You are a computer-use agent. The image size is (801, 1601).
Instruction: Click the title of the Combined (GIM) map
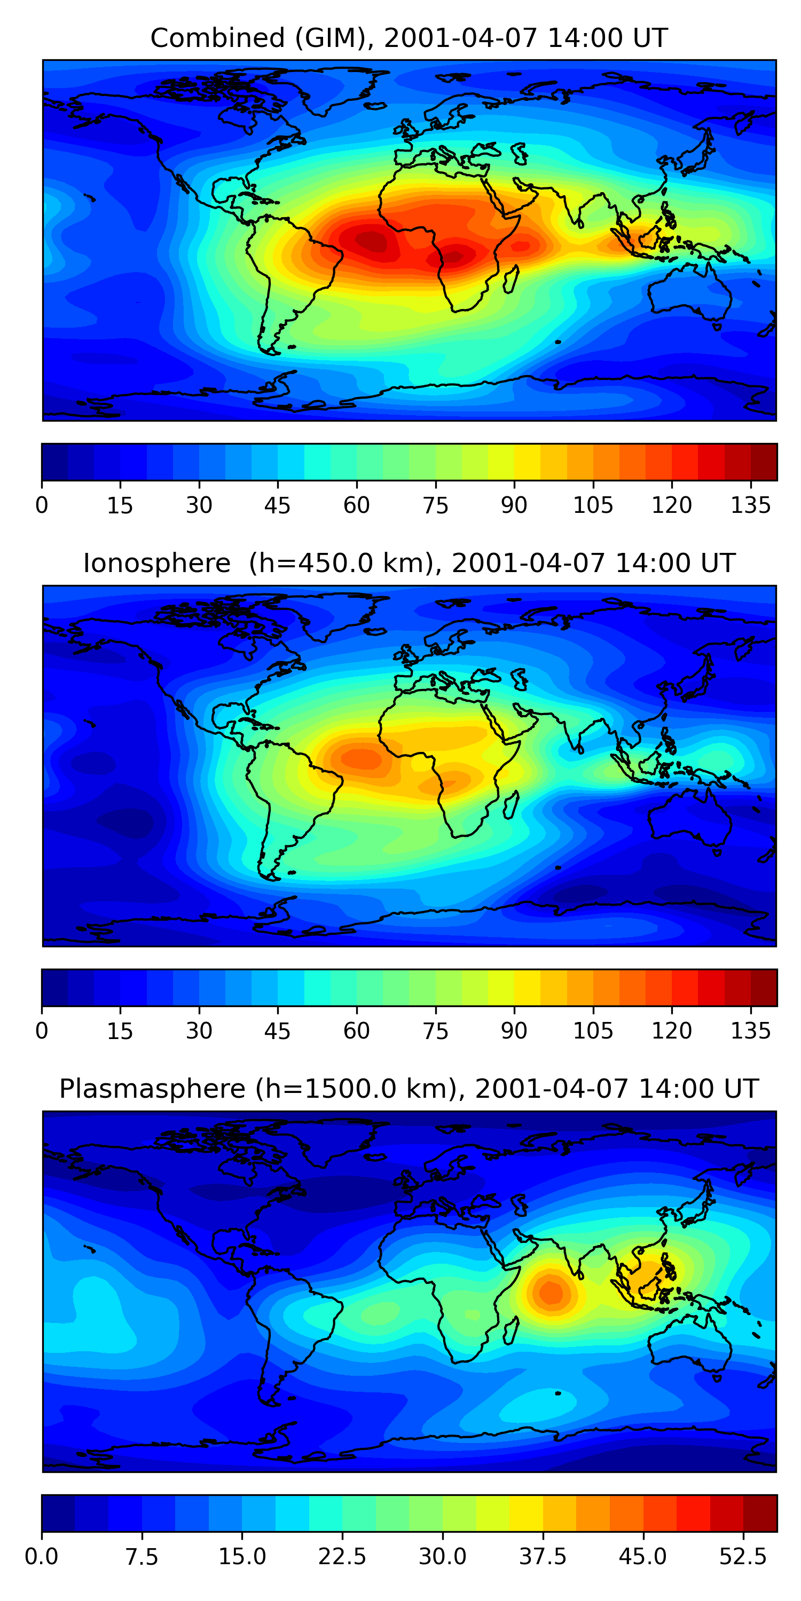coord(409,38)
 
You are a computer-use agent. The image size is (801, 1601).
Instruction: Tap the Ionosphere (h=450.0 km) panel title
coord(409,563)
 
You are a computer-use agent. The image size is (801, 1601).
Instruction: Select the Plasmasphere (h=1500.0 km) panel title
coord(409,1089)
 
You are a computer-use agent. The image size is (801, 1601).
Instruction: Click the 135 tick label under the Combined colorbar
coord(751,505)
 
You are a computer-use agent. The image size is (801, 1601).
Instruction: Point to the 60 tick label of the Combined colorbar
coord(356,505)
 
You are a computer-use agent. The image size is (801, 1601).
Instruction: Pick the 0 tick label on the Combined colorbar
coord(42,505)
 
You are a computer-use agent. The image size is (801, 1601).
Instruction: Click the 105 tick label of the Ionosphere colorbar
coord(593,1031)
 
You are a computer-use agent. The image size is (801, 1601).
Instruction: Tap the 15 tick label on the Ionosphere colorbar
coord(120,1031)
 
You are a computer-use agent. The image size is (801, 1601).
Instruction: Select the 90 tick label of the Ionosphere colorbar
coord(514,1031)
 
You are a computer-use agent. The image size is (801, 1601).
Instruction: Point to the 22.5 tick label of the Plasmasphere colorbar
coord(342,1557)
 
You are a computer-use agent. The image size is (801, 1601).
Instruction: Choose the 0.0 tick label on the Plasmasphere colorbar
coord(42,1557)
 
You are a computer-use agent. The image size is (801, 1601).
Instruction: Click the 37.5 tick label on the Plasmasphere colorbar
coord(543,1557)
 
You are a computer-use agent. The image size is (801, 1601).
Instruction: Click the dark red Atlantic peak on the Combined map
coord(372,241)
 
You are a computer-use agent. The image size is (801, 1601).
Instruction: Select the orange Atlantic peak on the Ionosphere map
coord(359,758)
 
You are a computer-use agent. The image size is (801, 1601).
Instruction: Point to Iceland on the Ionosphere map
coord(374,631)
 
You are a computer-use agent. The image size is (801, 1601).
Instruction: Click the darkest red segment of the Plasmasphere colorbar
coord(760,1513)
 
